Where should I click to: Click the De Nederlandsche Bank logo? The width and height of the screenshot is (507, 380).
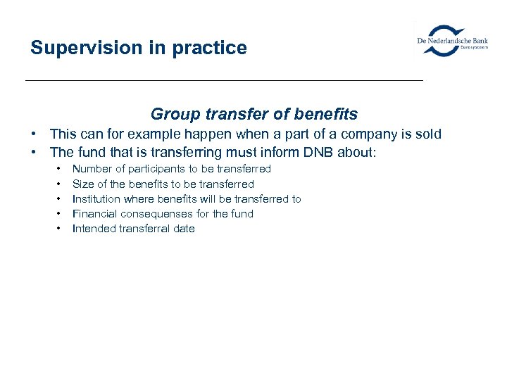(452, 40)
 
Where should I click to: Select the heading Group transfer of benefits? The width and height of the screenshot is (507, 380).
(254, 114)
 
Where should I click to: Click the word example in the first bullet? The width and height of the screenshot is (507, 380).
(154, 134)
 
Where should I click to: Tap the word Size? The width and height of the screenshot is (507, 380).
(83, 184)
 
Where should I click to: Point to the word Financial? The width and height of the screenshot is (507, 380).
(94, 214)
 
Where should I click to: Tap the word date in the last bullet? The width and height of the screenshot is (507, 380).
(184, 229)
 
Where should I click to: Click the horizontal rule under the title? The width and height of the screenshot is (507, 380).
(224, 81)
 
